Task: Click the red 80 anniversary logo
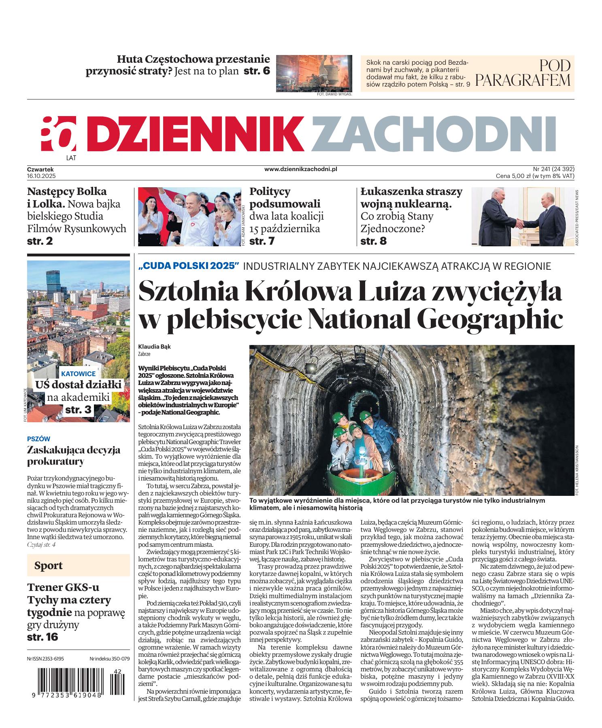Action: click(58, 133)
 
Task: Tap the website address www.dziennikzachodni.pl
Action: click(301, 170)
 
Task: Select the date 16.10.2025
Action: click(41, 176)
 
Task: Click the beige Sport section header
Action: click(78, 565)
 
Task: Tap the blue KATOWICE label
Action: click(79, 374)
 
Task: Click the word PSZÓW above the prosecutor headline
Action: click(38, 438)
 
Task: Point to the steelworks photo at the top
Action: click(314, 73)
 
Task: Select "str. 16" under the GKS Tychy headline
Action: click(43, 637)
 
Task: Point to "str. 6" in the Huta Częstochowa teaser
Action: click(257, 71)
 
